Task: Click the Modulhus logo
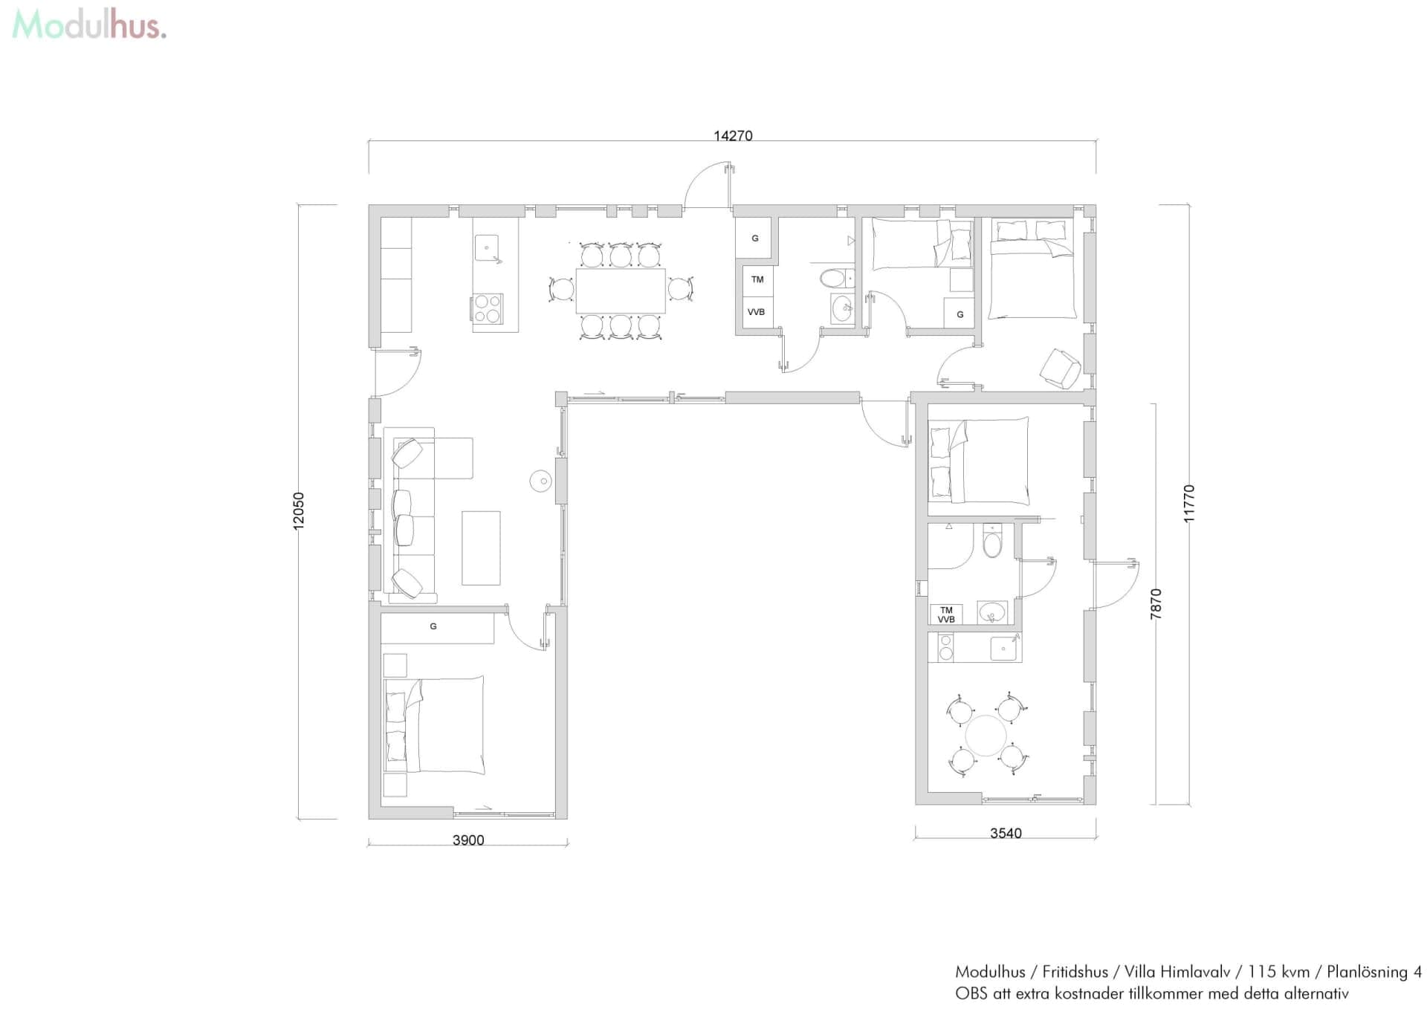89,25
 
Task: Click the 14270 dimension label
733,136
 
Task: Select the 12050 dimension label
299,510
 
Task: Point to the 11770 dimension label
1189,504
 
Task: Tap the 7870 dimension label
1156,604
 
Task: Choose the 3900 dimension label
468,840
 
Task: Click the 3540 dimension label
1006,834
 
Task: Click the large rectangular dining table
621,291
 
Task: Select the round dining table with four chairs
986,735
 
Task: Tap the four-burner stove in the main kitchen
488,308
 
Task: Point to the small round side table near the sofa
541,481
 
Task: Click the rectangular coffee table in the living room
481,548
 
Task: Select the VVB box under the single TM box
757,312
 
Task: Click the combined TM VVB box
946,614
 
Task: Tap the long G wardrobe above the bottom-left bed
437,628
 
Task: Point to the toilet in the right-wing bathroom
992,542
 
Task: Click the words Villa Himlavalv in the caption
1177,972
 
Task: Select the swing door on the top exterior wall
710,186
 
